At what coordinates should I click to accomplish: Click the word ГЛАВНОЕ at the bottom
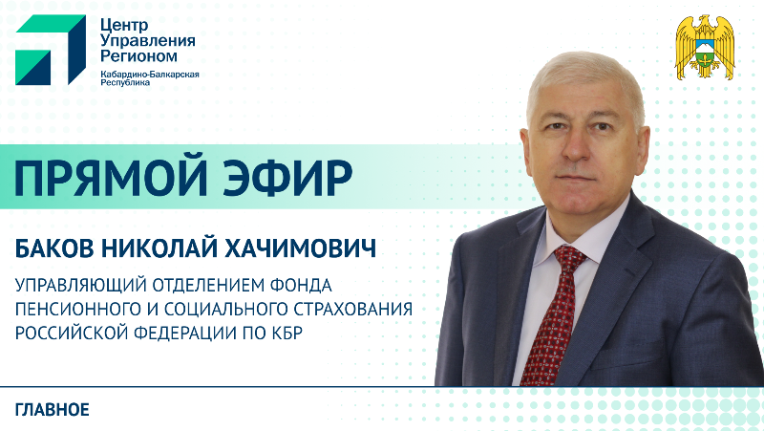[x=53, y=410]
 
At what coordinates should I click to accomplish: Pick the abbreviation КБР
[x=299, y=332]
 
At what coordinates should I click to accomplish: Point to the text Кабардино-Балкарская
[x=149, y=75]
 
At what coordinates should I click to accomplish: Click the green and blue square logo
[x=47, y=51]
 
